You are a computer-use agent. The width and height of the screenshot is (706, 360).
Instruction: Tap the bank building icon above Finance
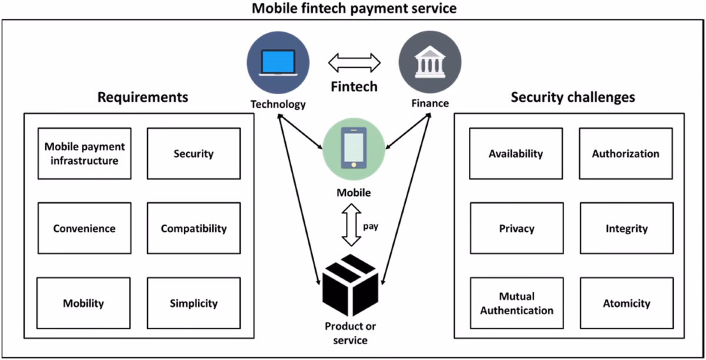click(430, 62)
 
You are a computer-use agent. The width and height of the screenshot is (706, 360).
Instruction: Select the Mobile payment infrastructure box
click(84, 154)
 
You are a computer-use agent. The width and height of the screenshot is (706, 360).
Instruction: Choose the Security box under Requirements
click(194, 154)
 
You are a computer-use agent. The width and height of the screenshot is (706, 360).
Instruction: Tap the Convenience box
click(84, 228)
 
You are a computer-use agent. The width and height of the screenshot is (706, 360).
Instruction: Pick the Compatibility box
click(194, 228)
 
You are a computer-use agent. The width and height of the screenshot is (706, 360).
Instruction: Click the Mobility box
click(84, 303)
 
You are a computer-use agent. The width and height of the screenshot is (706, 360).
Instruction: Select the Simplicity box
click(194, 303)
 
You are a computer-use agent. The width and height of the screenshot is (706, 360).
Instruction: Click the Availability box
click(515, 154)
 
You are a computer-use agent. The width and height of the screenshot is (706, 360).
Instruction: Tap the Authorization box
click(625, 154)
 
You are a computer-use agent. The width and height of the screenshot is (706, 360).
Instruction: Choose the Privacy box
click(516, 228)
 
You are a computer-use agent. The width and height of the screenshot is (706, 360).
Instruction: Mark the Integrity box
click(626, 228)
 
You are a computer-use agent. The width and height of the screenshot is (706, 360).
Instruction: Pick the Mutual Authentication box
click(516, 303)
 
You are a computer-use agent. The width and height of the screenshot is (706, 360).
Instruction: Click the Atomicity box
click(626, 303)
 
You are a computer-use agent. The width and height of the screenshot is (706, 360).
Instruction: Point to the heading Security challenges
click(572, 97)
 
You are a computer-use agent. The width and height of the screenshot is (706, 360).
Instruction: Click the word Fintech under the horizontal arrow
click(353, 87)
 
